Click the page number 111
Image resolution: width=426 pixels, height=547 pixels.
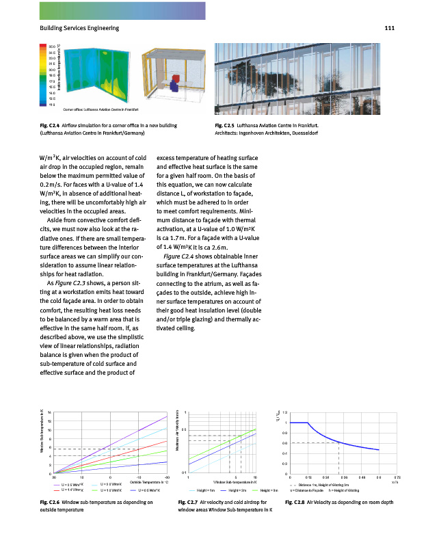coord(390,28)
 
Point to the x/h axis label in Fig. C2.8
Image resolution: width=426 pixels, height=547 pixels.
coord(395,481)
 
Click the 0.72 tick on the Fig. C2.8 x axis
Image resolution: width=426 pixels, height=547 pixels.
coord(397,477)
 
